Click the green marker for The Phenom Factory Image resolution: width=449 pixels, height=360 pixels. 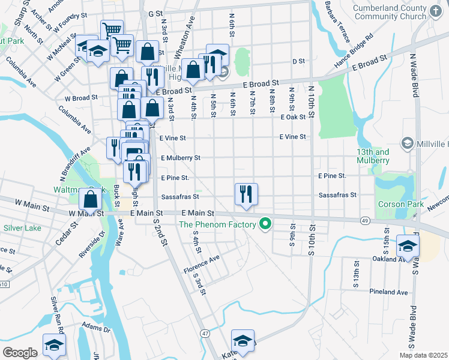pyautogui.click(x=265, y=225)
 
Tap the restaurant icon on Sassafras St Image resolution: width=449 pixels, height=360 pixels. pyautogui.click(x=246, y=194)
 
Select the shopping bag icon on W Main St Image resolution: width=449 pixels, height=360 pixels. pyautogui.click(x=91, y=199)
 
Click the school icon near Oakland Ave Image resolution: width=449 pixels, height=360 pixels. pyautogui.click(x=408, y=246)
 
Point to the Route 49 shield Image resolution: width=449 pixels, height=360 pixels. pyautogui.click(x=365, y=221)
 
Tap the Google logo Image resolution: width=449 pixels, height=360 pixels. pyautogui.click(x=20, y=352)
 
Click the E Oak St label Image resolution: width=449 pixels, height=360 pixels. pyautogui.click(x=294, y=118)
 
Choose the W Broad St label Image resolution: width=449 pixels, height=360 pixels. pyautogui.click(x=82, y=97)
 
